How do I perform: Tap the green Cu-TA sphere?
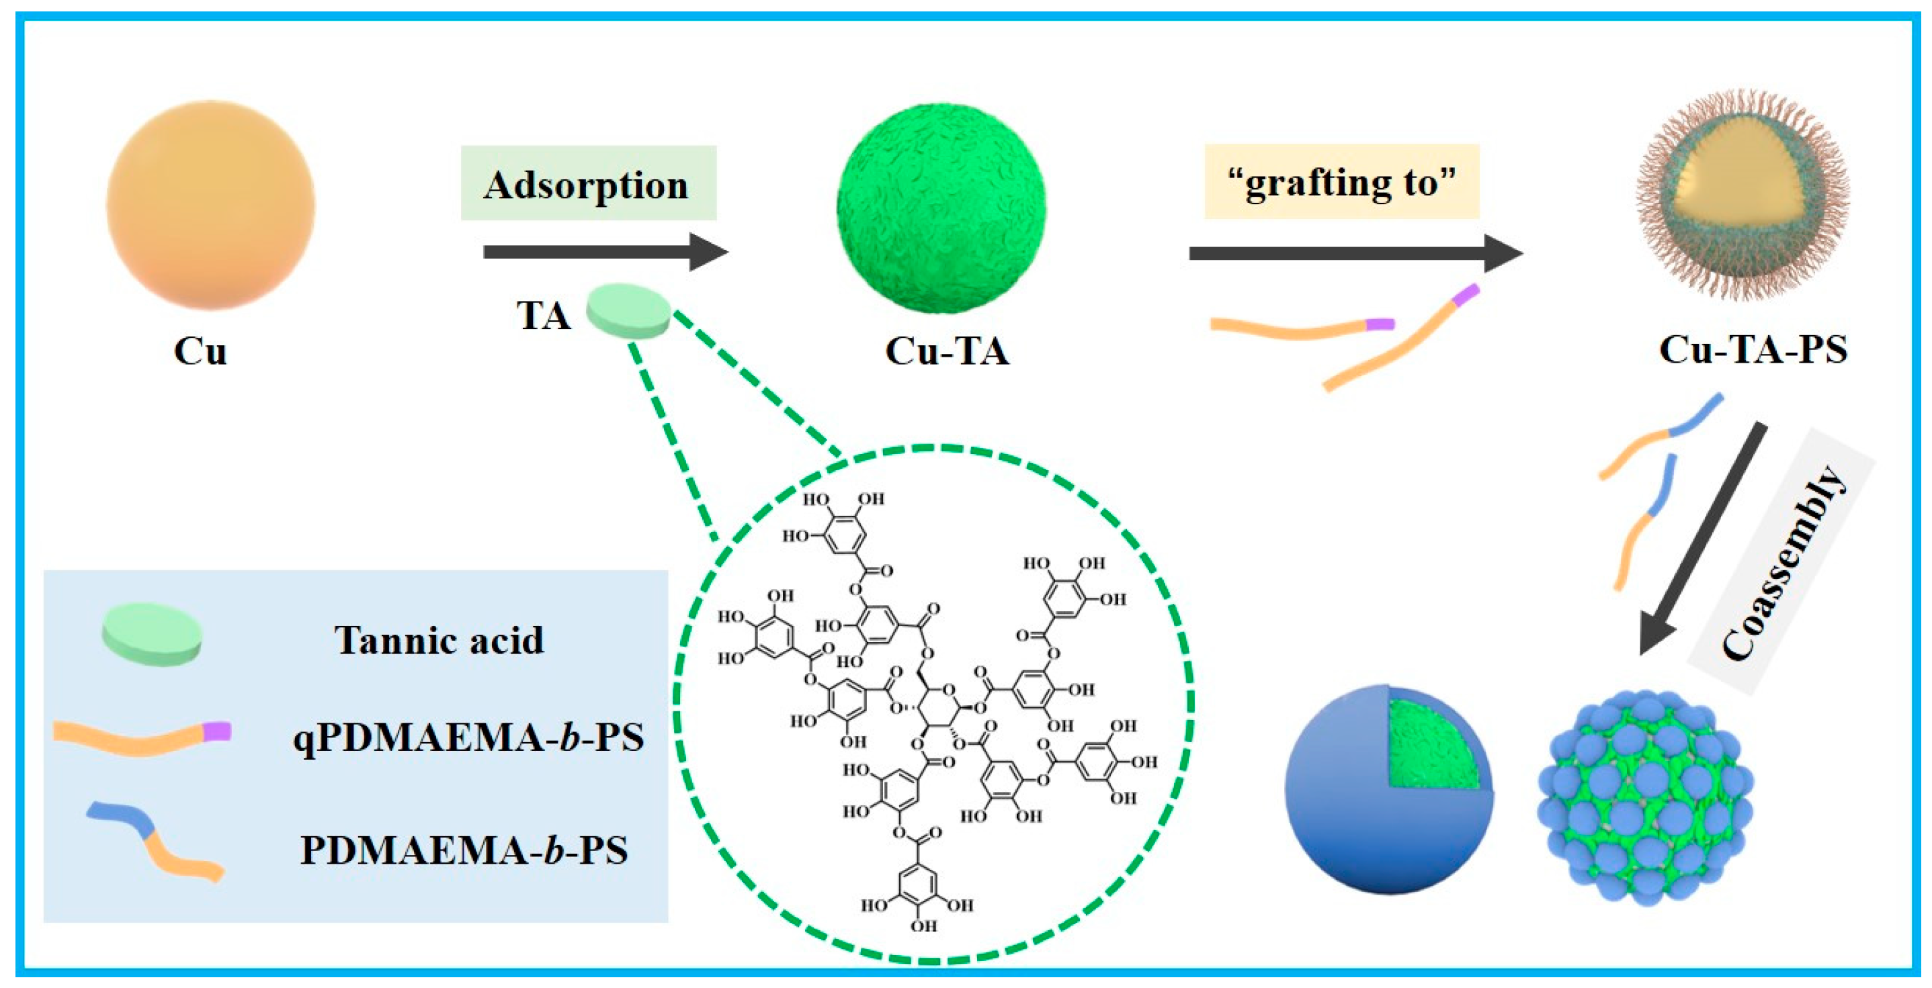click(941, 208)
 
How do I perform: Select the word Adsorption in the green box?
click(586, 185)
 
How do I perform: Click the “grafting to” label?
click(1342, 182)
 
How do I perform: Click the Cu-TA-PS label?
click(1753, 349)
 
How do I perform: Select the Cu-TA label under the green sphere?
click(946, 351)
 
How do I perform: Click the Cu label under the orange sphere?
click(200, 351)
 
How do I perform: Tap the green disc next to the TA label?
click(628, 310)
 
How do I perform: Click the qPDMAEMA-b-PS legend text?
click(468, 737)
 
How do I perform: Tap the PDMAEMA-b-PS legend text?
click(464, 850)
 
